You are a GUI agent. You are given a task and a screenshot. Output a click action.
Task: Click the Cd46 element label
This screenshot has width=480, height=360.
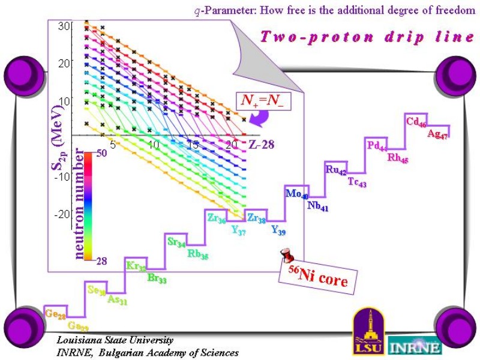click(x=416, y=122)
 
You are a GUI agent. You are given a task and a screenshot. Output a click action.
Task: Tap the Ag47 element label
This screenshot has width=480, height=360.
click(x=437, y=134)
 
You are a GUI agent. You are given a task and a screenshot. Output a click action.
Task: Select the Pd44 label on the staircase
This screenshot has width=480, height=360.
click(x=377, y=146)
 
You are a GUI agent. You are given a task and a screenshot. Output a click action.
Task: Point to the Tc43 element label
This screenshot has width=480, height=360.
click(x=357, y=182)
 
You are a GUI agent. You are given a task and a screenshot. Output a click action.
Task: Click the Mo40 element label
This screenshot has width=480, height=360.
click(x=296, y=194)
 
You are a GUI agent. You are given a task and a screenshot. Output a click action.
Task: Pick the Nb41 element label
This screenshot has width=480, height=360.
click(x=317, y=207)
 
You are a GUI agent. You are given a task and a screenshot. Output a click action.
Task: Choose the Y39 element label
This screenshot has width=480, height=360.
click(x=278, y=230)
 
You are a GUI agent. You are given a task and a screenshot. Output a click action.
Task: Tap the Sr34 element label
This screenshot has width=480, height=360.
click(x=176, y=242)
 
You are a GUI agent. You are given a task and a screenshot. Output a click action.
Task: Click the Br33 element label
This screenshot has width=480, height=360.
click(x=157, y=278)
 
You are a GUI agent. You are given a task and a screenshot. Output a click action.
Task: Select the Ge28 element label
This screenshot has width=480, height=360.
click(x=55, y=314)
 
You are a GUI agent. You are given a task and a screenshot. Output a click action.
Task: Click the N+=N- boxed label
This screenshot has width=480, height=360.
click(x=262, y=101)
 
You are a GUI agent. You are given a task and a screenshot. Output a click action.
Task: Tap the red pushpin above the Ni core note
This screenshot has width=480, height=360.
click(x=289, y=256)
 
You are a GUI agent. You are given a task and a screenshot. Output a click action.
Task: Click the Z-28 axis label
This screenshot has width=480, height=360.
click(x=261, y=145)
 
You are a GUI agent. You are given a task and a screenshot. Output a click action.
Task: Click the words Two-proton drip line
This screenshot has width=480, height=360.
click(x=367, y=37)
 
